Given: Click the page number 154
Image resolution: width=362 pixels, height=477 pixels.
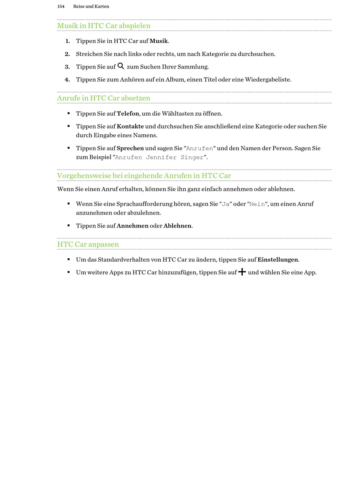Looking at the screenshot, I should (61, 6).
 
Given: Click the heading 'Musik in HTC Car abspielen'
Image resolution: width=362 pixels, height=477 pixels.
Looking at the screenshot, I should (104, 25).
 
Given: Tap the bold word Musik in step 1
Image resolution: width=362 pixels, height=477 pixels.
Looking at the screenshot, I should (159, 41).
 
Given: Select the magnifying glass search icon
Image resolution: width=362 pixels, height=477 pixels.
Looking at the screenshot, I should (121, 66).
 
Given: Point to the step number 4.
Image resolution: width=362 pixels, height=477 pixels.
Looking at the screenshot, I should (67, 79).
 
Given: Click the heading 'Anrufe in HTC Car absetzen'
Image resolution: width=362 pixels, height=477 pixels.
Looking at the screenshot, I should (104, 98).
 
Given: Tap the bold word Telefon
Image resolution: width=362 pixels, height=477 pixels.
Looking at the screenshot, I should (128, 113).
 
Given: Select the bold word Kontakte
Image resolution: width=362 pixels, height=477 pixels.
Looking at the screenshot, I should (130, 126).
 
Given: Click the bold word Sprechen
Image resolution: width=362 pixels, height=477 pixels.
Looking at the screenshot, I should (130, 148).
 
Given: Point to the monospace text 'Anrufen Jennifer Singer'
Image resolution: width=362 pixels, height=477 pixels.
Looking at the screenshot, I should (159, 157).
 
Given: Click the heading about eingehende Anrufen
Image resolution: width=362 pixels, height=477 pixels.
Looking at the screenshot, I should (144, 175).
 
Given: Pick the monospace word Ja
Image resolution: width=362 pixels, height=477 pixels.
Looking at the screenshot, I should (226, 204).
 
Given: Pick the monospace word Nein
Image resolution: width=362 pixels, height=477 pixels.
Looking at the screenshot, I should (257, 204).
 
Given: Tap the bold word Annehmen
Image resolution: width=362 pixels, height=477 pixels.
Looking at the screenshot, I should (132, 226).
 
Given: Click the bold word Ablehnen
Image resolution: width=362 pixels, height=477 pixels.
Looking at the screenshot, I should (177, 226).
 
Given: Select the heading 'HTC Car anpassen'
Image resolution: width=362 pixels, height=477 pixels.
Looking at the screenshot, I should (88, 244).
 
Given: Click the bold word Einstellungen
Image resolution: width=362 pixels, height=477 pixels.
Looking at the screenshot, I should (277, 260).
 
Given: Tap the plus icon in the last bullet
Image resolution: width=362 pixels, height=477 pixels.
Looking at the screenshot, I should (242, 272).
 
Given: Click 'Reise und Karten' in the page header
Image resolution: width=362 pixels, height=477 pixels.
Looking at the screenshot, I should (91, 6).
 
